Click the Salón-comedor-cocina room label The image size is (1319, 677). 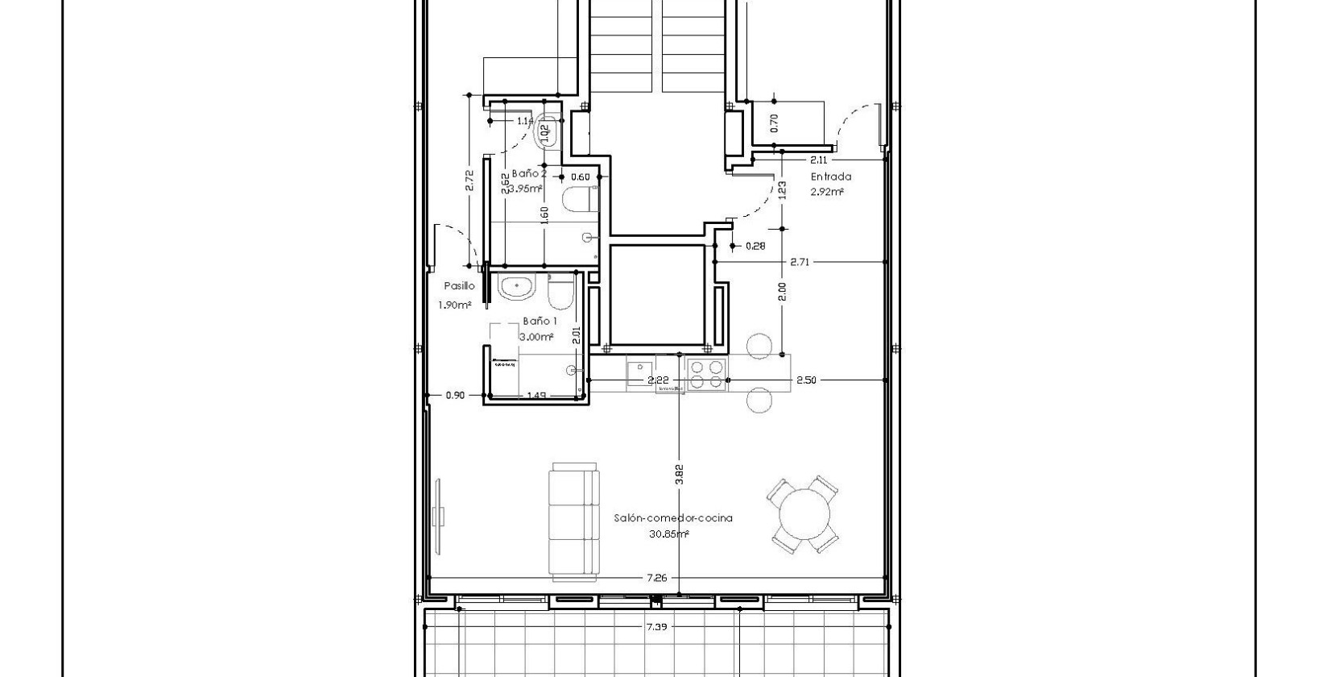[672, 518]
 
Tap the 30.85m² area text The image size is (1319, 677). [668, 534]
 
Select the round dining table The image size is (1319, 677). [805, 514]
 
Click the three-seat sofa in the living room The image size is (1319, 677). [574, 521]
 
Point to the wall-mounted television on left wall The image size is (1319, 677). [439, 516]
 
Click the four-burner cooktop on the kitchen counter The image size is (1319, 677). [706, 374]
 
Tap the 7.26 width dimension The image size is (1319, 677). [656, 578]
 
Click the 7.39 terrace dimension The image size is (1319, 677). [656, 626]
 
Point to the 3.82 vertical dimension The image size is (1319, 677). [679, 476]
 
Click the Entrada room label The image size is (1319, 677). [830, 177]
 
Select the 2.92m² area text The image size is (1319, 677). [827, 192]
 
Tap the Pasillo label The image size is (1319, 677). [459, 285]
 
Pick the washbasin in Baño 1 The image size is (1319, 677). [515, 286]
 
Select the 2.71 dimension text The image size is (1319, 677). [800, 262]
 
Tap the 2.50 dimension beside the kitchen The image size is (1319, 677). [806, 380]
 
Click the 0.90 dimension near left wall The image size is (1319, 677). [455, 395]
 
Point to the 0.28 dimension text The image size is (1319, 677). [755, 246]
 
